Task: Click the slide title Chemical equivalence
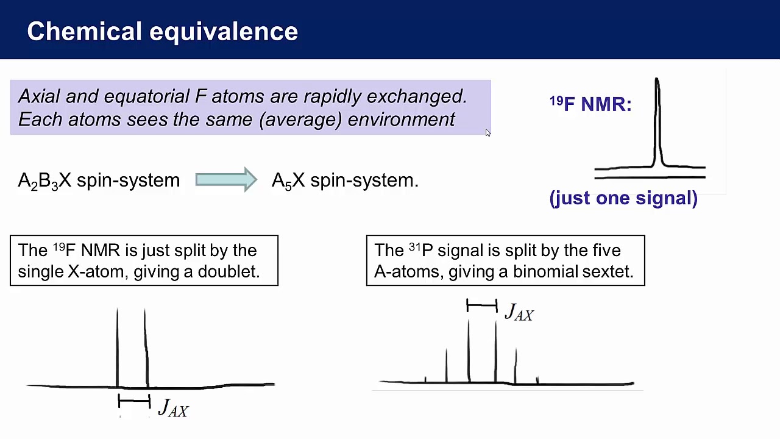click(162, 32)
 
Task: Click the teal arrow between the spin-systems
click(226, 180)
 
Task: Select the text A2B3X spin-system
click(99, 180)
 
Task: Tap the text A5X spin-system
click(345, 180)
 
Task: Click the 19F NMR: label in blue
click(590, 104)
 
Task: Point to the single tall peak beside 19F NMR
click(657, 122)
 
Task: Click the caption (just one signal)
click(623, 198)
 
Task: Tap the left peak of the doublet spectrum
click(118, 348)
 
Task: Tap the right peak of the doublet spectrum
click(145, 348)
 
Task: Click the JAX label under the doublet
click(174, 408)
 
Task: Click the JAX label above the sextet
click(519, 313)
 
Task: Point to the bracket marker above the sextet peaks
click(481, 305)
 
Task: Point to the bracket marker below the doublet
click(134, 401)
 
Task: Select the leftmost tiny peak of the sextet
click(425, 380)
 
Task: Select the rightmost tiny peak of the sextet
click(537, 380)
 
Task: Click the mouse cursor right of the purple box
click(487, 133)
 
